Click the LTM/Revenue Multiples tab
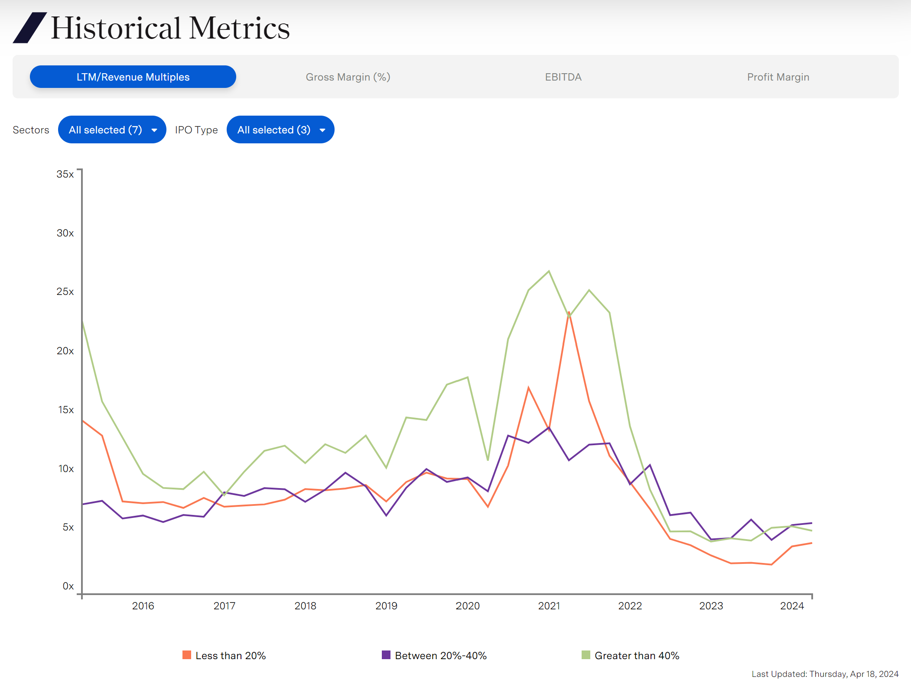(x=133, y=77)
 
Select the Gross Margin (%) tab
(x=348, y=77)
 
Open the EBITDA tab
(x=563, y=77)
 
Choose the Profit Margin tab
(x=778, y=77)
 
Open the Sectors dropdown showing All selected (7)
(x=112, y=129)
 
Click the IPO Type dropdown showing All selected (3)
(x=280, y=129)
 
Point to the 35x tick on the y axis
(x=65, y=174)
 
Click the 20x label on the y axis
(x=65, y=351)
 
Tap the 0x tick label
(x=68, y=586)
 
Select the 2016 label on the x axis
(x=143, y=606)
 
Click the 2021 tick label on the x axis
(x=549, y=606)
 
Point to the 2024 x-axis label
(x=792, y=606)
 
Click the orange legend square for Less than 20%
(x=187, y=655)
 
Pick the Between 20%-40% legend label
(x=441, y=656)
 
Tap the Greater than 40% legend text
(x=637, y=656)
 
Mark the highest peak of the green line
(x=549, y=272)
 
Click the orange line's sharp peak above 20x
(x=569, y=312)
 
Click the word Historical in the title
(x=116, y=28)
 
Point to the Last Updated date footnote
(x=825, y=674)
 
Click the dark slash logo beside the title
(x=29, y=28)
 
